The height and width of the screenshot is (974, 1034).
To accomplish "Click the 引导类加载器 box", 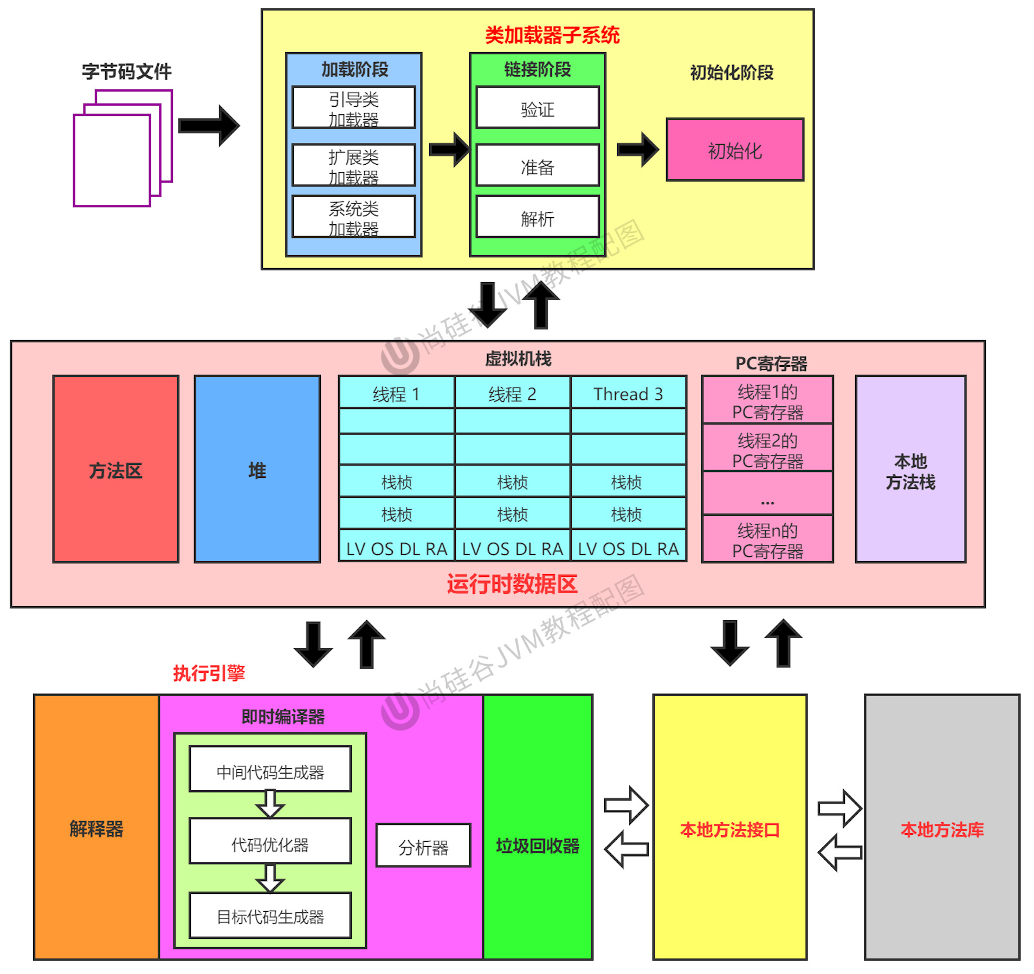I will [x=353, y=107].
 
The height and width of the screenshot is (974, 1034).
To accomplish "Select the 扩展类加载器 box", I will [x=353, y=165].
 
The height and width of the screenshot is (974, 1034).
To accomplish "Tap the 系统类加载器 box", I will [x=353, y=217].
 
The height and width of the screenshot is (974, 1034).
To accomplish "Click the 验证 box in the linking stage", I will [x=537, y=108].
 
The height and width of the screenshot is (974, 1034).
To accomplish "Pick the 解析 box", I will [x=537, y=217].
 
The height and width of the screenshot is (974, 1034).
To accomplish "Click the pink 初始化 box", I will [x=734, y=150].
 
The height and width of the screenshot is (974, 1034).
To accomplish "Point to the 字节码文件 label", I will [x=126, y=72].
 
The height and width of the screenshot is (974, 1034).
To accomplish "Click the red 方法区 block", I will [x=115, y=469].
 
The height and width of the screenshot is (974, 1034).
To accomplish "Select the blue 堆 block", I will [x=257, y=469].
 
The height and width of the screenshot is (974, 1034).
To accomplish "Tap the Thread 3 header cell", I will [x=628, y=393].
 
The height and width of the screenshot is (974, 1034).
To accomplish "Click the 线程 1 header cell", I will [x=396, y=393].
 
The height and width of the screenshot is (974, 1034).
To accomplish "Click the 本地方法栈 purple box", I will [x=910, y=469].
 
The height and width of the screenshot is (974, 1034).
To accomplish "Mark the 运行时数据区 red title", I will [x=512, y=584].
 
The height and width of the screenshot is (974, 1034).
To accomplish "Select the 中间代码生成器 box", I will [x=270, y=770].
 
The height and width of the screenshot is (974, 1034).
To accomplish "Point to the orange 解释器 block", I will [x=96, y=828].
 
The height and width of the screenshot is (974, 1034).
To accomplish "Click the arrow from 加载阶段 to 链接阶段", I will [x=449, y=149].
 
